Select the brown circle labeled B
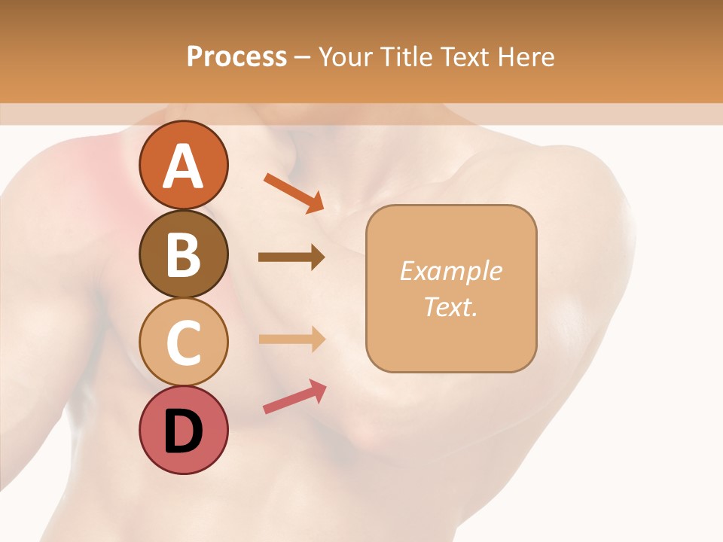click(183, 254)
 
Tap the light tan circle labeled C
click(183, 342)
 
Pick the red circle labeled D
click(183, 430)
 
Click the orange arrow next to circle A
click(294, 192)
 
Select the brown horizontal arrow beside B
click(291, 257)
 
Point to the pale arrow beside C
click(291, 339)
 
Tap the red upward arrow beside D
click(294, 397)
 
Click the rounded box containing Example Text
click(451, 288)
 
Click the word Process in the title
click(236, 57)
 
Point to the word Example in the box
click(451, 271)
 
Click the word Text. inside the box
click(451, 306)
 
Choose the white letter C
click(183, 343)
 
